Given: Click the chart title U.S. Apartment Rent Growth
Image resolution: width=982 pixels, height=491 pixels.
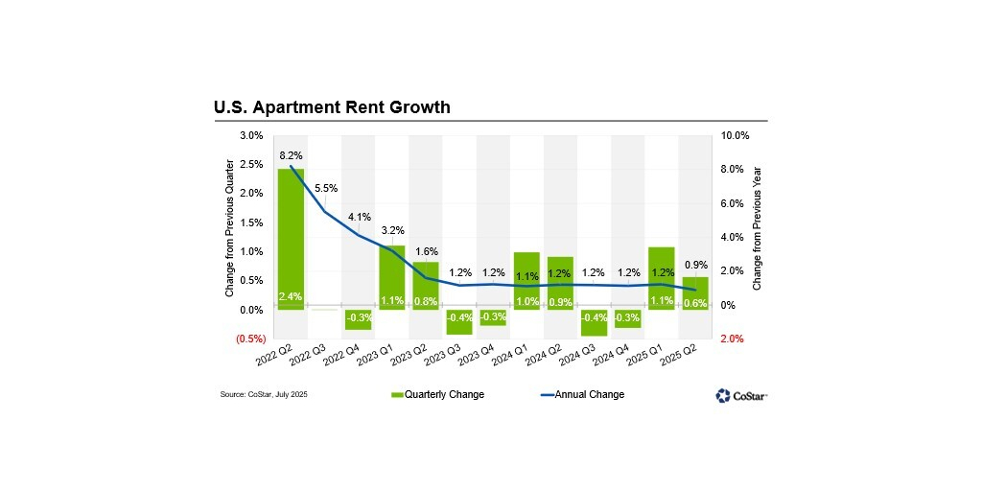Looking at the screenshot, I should pos(331,107).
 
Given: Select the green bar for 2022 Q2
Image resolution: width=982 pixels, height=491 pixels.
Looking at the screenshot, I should pos(291,239).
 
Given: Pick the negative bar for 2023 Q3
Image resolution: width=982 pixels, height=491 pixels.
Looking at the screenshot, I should pos(459,322).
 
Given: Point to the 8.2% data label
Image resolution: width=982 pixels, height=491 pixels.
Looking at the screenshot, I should pos(291,154).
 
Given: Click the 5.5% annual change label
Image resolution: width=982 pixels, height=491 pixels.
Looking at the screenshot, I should pos(326,188).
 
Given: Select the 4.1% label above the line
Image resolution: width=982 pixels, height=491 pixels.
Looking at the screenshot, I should pos(359,218).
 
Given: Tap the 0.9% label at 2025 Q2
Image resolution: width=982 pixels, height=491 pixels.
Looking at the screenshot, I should pos(696,265).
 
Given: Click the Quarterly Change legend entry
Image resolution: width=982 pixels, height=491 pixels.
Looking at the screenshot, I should pos(437,394).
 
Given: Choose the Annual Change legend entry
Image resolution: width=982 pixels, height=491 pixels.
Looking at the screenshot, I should pos(582,394).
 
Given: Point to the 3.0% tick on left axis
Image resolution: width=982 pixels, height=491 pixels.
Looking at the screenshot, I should pos(250,135).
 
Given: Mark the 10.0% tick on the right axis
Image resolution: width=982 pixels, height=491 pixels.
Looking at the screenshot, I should pos(734,135).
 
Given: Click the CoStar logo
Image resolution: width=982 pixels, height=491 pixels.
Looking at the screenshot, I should pos(741,395).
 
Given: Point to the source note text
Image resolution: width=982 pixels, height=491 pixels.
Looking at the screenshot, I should pos(264,394).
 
